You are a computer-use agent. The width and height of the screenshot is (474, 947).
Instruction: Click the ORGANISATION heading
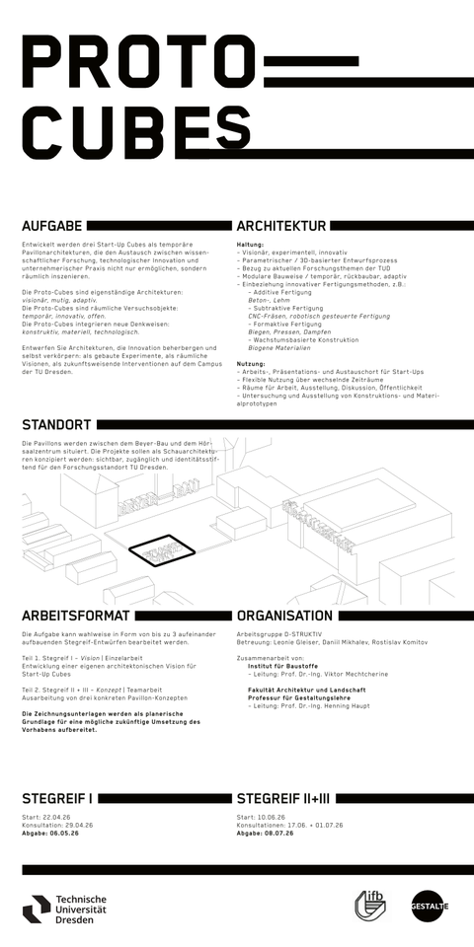point(284,615)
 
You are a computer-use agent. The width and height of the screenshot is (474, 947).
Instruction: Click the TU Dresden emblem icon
point(37,905)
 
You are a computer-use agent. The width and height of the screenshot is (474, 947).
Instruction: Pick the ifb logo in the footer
point(372,905)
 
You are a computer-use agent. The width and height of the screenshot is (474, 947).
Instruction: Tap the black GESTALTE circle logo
point(430,906)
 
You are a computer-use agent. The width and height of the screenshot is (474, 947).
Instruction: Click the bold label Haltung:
point(250,243)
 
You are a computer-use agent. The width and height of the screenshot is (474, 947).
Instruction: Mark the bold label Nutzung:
point(251,364)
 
